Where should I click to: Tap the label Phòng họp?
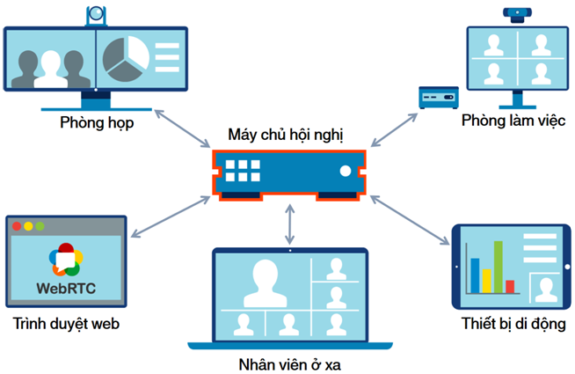97,122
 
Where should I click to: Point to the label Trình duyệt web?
66,324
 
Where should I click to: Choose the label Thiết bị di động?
513,324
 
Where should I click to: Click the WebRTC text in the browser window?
67,287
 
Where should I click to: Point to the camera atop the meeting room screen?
96,15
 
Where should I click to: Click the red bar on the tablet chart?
510,286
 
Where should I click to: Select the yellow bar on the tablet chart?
485,280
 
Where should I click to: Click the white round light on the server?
345,169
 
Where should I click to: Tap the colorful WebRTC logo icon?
66,258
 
